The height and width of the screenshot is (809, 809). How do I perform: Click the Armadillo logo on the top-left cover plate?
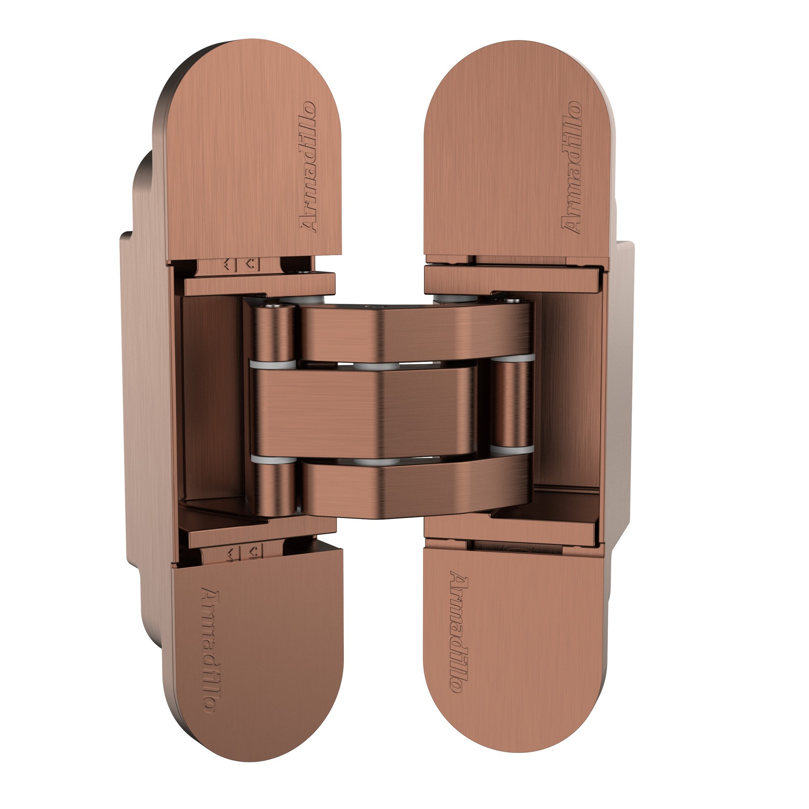pos(309,167)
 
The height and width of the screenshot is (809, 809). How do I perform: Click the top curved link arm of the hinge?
pos(415,331)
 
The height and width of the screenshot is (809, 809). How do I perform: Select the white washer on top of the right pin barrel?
pos(513,358)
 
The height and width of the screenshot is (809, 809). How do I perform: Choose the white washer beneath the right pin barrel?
pos(513,449)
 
